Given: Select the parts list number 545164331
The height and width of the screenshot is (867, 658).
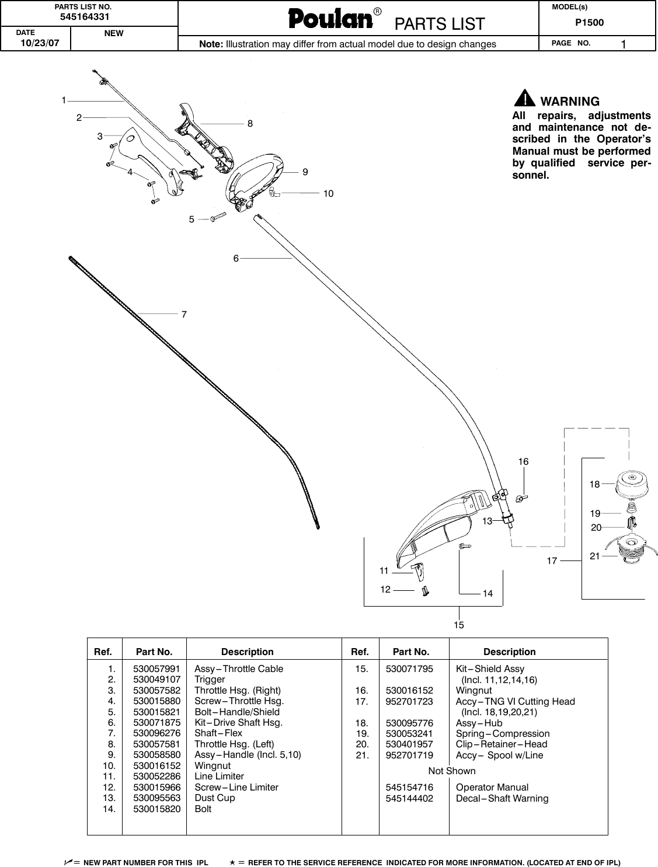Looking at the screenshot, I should point(87,16).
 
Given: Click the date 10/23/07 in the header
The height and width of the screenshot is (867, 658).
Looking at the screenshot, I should point(36,43).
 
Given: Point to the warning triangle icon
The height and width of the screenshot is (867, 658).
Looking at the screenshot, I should point(525,98).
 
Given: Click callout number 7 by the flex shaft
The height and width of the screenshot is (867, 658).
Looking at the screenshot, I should point(184,314).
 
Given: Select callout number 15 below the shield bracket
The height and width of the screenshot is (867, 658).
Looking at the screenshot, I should point(459,625).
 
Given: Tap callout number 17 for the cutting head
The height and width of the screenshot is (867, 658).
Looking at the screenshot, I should point(552,561).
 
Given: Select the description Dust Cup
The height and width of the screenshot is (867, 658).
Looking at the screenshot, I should point(214,798).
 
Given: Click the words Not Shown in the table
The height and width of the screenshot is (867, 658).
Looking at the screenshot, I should point(451,771).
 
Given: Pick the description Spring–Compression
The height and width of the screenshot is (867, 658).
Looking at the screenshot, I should point(502,733).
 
